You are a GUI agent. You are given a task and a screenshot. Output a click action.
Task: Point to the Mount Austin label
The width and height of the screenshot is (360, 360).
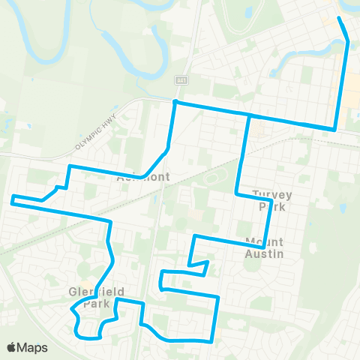pos(264,247)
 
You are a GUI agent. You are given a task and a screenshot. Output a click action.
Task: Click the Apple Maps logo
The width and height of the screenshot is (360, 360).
pos(27,347)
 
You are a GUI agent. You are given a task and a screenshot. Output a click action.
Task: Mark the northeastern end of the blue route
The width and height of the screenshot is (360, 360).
pos(339,18)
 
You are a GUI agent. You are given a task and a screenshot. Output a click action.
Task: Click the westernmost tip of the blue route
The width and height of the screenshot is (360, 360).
pos(11,199)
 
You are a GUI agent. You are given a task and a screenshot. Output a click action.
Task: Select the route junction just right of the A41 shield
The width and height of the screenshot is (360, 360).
pos(175,102)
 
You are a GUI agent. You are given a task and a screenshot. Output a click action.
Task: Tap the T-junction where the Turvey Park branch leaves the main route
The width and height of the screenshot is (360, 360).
pos(248,116)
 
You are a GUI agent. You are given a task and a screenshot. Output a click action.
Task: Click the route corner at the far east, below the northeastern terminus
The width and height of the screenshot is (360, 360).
pos(334,128)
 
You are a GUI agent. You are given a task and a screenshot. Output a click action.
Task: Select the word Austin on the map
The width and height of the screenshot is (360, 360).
pos(265,253)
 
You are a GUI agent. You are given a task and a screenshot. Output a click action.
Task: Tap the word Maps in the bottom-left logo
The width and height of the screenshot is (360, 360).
pos(33,347)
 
